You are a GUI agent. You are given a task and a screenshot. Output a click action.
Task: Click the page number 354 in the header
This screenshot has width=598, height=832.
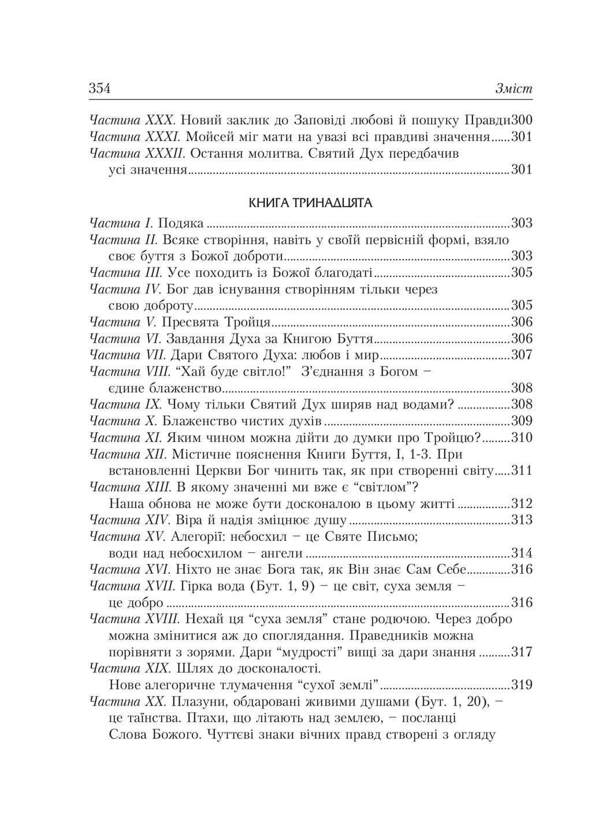[x=99, y=89]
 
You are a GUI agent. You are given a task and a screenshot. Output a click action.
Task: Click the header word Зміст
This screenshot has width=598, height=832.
[x=514, y=90]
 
